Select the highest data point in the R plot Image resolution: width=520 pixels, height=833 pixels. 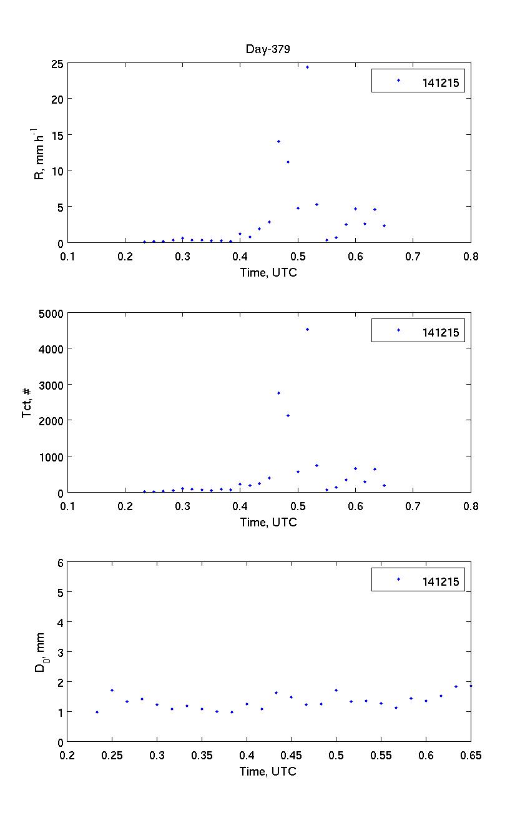[307, 67]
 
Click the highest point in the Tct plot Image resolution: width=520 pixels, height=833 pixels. [307, 329]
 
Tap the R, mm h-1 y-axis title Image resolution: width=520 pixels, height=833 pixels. [39, 152]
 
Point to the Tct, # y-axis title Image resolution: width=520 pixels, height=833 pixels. [27, 403]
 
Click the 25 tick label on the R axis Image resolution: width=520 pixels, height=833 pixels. [56, 64]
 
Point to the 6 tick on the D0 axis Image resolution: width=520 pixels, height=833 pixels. [60, 563]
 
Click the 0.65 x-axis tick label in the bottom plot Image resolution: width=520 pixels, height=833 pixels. [471, 756]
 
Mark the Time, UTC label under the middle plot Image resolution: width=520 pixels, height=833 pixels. [268, 522]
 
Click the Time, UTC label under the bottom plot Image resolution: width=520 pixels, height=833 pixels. [268, 771]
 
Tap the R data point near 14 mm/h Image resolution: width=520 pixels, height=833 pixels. [278, 141]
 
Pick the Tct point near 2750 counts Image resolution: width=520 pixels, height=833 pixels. [278, 393]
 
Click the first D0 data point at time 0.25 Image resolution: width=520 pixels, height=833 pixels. [112, 690]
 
